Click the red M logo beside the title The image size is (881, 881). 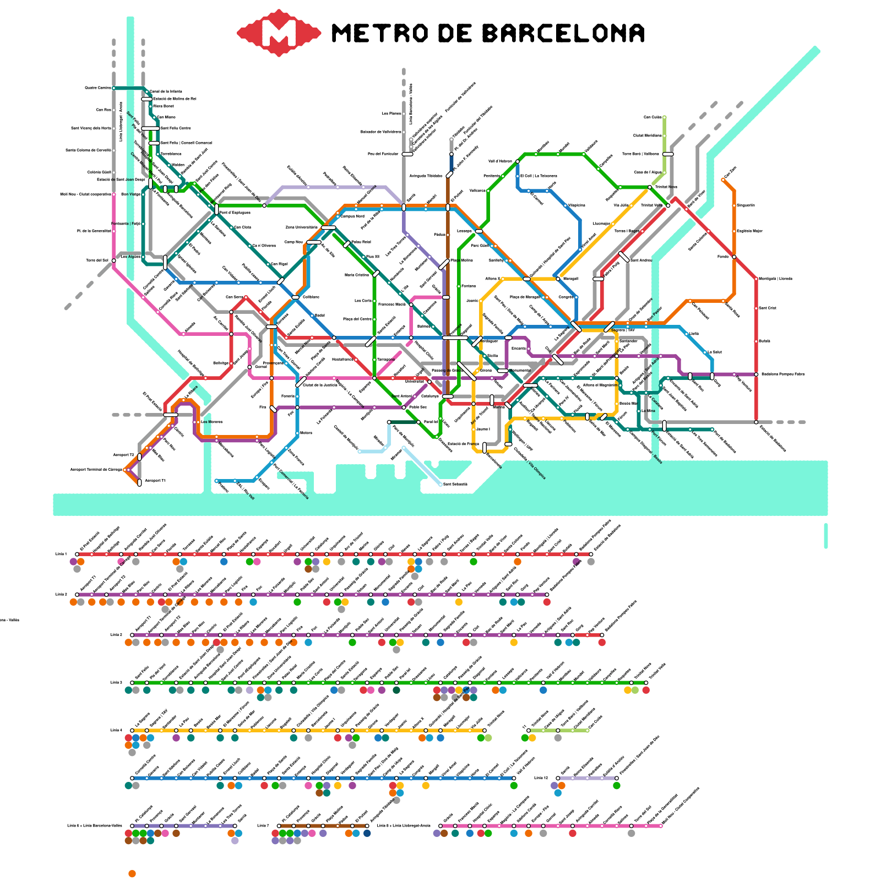279,33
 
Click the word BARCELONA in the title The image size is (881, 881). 563,34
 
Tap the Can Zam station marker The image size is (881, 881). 724,180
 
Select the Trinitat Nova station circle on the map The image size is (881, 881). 650,187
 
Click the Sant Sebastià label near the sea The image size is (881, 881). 455,485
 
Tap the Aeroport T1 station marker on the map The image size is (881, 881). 139,482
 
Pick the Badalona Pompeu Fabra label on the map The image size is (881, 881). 782,374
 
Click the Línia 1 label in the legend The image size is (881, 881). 61,554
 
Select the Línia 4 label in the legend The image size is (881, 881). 116,731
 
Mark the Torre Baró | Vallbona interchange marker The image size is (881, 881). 667,154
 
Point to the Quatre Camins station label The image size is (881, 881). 97,88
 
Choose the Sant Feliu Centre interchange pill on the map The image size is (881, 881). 150,128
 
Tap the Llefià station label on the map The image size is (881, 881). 694,334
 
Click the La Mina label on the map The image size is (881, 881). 649,411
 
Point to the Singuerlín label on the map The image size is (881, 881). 746,205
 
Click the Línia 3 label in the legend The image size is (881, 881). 116,683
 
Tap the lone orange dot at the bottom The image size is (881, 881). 132,874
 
